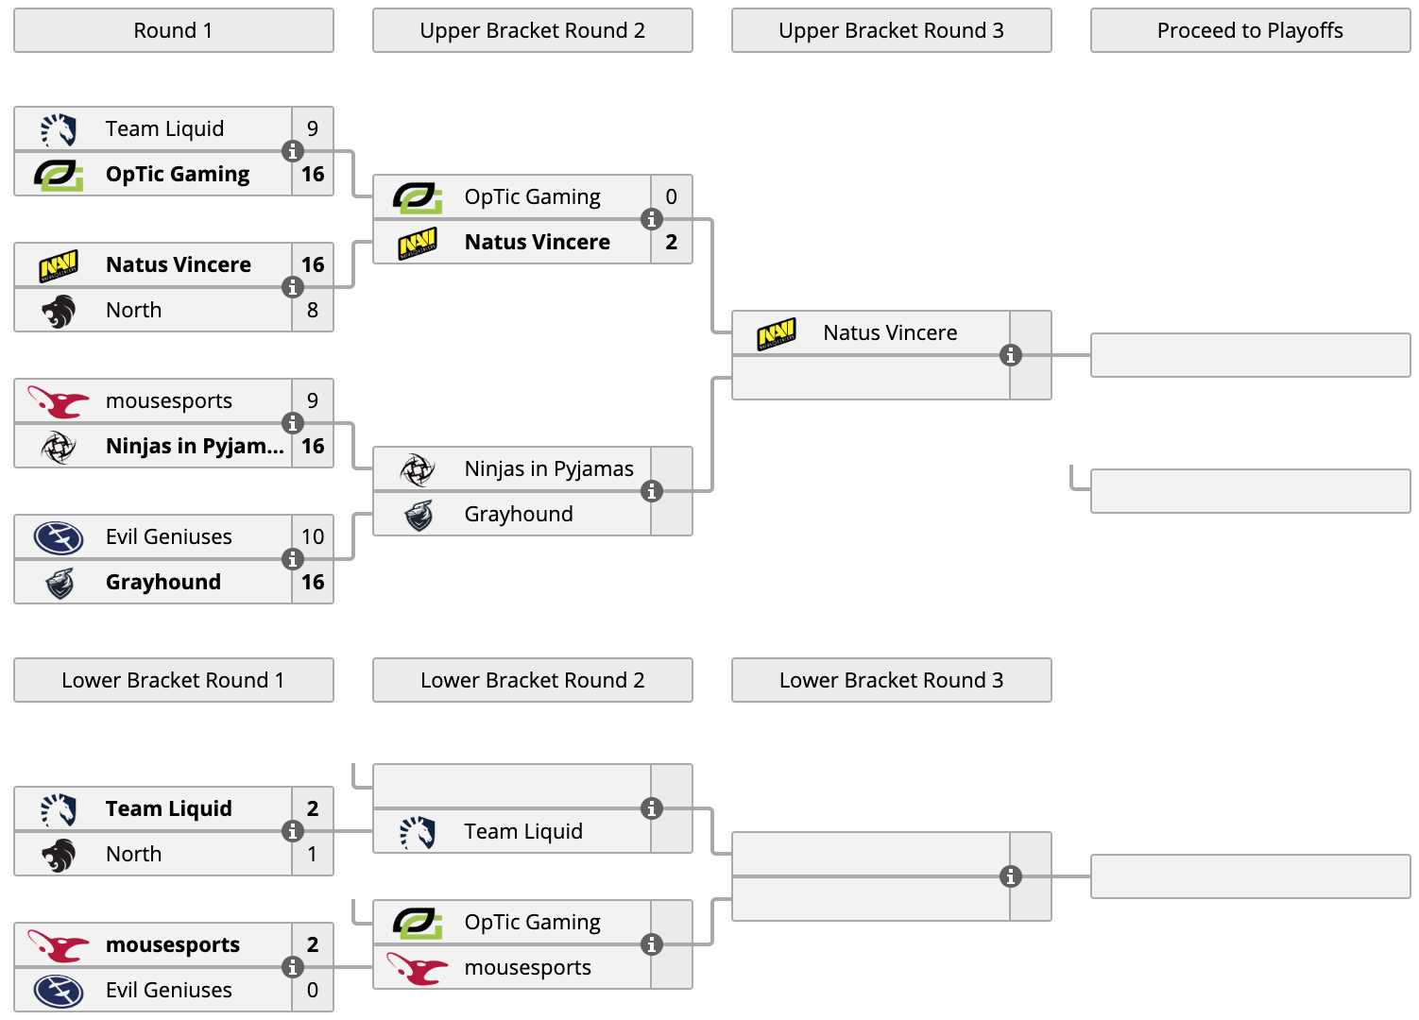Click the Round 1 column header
coord(174,30)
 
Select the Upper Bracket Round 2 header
coord(532,30)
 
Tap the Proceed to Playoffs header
coord(1250,30)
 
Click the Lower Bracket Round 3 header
coord(891,680)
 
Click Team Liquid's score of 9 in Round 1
coord(313,128)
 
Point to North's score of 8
coord(313,310)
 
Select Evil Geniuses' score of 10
coord(313,536)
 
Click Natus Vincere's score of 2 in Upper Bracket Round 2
coord(672,242)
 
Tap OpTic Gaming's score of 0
coord(672,196)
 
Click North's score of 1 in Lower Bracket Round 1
coord(313,854)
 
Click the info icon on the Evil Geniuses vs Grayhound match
coord(293,559)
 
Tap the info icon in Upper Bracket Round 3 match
coord(1011,355)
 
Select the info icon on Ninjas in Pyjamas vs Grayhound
coord(651,491)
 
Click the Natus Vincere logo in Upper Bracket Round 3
coord(777,333)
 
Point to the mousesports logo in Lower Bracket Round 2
coord(417,968)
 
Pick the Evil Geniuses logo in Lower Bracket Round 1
coord(59,991)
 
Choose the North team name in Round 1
coord(133,310)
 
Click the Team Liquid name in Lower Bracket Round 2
coord(523,831)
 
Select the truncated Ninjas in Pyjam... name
coord(195,447)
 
